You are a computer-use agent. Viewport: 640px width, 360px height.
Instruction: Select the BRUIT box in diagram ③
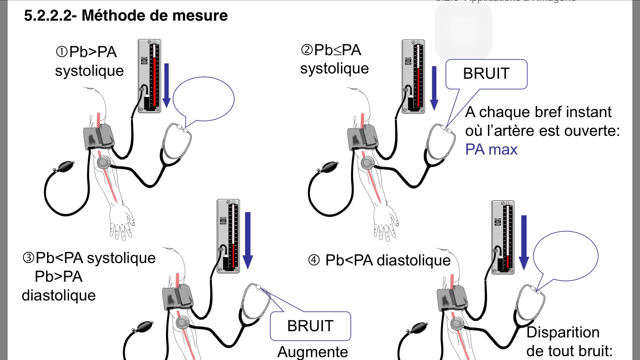pyautogui.click(x=310, y=326)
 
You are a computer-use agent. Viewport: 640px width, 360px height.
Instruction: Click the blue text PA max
pyautogui.click(x=491, y=149)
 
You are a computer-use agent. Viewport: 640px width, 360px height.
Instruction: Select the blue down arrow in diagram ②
pyautogui.click(x=435, y=85)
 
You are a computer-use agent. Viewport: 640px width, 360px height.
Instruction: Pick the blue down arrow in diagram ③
pyautogui.click(x=248, y=240)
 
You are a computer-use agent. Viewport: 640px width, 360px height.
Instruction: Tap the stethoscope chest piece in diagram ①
pyautogui.click(x=103, y=163)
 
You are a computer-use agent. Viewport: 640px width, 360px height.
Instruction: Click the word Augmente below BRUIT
pyautogui.click(x=312, y=352)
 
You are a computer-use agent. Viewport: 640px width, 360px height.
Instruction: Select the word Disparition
pyautogui.click(x=563, y=332)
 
